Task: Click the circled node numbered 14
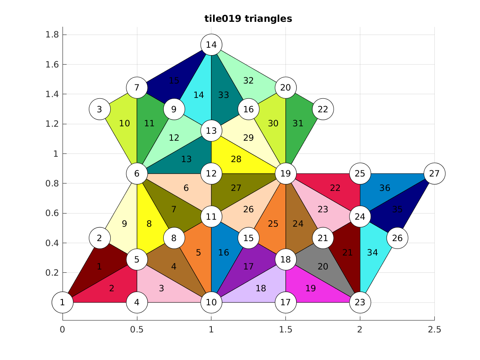211,45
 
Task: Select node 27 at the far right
434,174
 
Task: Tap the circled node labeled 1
63,302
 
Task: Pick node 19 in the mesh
285,174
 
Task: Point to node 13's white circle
211,131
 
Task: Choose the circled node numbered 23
360,302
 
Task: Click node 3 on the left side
100,109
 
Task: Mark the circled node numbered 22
323,109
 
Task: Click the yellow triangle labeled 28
236,159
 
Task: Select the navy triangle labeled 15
174,81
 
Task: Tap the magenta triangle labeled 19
311,288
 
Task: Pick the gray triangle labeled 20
323,267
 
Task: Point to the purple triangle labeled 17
248,267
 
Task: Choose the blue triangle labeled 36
385,188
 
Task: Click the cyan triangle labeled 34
372,252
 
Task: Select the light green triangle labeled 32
248,81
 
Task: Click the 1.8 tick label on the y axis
52,35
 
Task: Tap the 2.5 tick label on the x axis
434,330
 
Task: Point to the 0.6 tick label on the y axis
52,213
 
